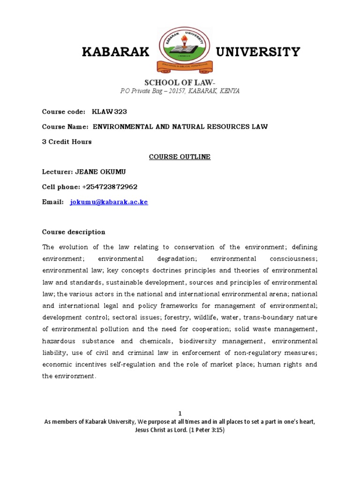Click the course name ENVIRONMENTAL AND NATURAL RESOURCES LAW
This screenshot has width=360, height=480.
tap(180, 127)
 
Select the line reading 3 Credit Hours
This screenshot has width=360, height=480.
tap(67, 142)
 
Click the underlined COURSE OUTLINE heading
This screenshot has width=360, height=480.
tap(180, 157)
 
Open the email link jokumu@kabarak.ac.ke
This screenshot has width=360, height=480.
tap(109, 202)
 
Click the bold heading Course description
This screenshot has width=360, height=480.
tap(74, 232)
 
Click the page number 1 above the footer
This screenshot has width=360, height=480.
tap(180, 413)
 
